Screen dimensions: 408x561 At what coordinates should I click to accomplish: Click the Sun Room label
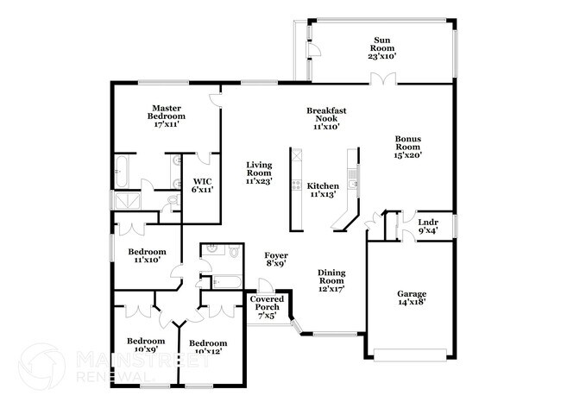(382, 47)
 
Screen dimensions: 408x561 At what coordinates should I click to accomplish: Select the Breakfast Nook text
(327, 118)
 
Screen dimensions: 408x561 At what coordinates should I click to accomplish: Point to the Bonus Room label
(409, 148)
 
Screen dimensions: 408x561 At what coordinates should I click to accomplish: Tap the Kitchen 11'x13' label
(324, 191)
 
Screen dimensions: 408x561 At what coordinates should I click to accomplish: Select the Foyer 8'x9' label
(276, 260)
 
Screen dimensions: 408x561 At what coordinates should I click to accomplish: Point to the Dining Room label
(331, 281)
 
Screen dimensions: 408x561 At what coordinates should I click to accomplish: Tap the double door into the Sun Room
(381, 79)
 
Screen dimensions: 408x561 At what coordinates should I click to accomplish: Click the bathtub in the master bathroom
(122, 172)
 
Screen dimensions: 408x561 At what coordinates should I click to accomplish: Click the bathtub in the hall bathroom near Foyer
(226, 282)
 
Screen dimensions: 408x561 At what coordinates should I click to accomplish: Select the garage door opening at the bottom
(410, 355)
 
